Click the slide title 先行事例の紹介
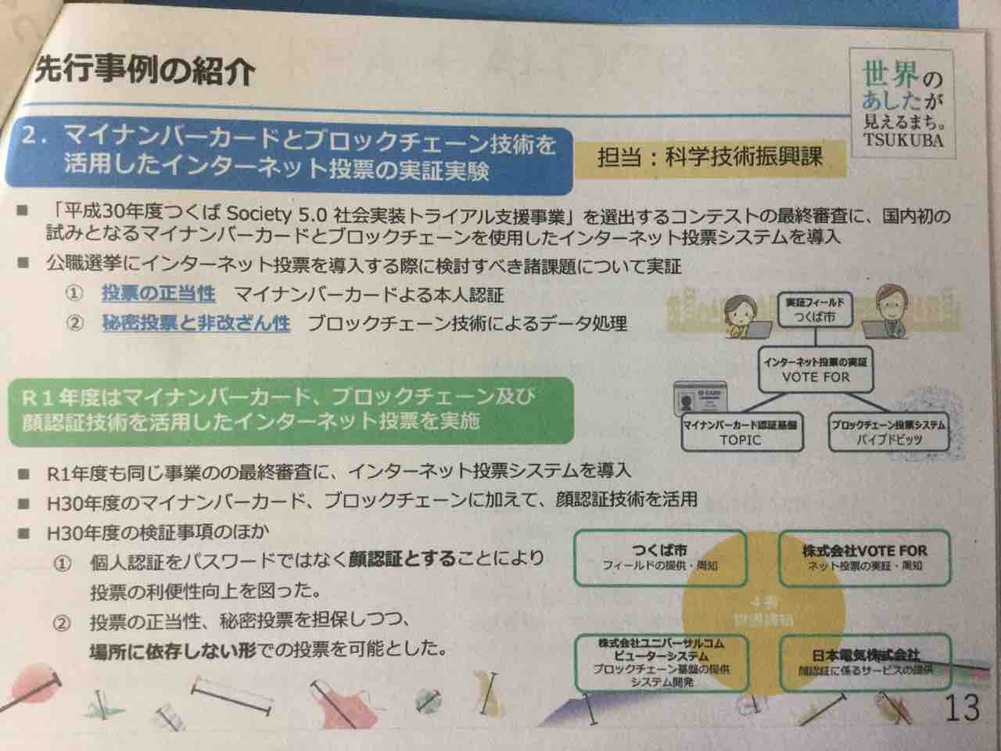point(145,72)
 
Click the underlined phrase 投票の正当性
point(158,294)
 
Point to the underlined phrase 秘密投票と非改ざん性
point(196,323)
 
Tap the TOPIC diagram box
point(740,433)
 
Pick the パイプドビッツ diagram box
point(886,433)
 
